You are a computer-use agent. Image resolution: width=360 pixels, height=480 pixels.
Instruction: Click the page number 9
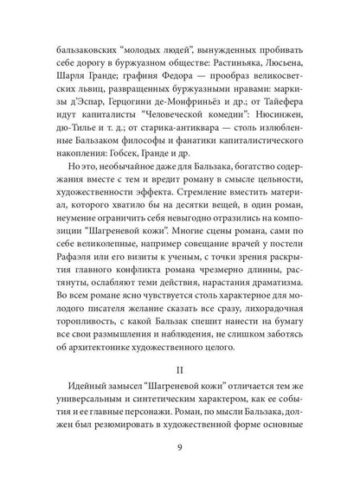(x=180, y=447)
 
